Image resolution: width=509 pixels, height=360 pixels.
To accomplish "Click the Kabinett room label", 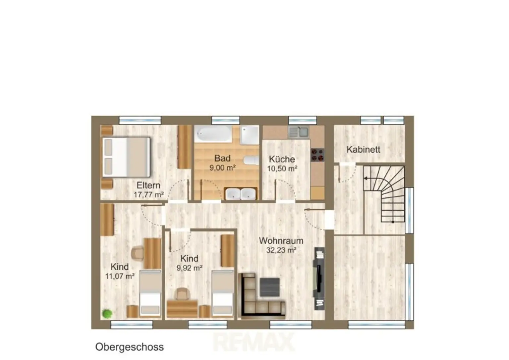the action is coord(363,150).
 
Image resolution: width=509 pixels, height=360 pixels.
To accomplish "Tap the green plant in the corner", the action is coord(107,314).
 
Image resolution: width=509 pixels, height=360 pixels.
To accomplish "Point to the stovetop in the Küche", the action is coord(317,155).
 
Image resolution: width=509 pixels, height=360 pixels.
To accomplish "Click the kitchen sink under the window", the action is coord(298,132).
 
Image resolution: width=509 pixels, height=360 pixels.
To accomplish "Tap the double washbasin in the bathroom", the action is coord(241,194).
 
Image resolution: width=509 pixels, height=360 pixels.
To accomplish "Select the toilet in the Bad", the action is coord(252,160).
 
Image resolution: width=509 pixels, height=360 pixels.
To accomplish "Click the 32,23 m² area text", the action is coord(281,250).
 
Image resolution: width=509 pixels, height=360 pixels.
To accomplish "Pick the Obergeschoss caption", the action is coord(129,347).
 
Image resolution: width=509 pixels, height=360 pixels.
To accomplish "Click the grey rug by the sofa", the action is coord(270,287).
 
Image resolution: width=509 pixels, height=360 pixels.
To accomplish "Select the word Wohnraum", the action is coord(281,240).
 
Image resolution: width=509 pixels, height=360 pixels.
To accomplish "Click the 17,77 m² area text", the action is coord(148,195).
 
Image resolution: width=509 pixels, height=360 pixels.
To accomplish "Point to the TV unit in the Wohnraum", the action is coord(319,279).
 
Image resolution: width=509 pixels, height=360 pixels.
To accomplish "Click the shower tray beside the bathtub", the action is coord(250,135).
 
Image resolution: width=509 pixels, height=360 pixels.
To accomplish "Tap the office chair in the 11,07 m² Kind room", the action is coord(138,253).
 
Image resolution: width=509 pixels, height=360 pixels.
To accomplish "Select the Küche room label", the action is coord(282,159).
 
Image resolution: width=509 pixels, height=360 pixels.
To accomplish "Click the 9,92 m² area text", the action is coord(190,268).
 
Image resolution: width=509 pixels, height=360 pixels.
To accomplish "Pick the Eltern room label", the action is coord(148,185).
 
